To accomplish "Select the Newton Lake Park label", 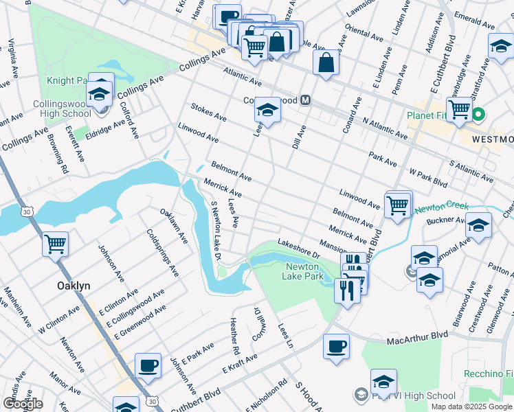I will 303,271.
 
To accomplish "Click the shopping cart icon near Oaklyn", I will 55,244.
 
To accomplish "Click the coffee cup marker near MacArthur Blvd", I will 336,346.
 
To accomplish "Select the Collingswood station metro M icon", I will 306,100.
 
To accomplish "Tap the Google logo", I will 23,404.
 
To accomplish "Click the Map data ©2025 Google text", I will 471,407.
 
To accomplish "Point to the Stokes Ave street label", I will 209,113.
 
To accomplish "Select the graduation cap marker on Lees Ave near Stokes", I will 268,108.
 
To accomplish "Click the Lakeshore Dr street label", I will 300,244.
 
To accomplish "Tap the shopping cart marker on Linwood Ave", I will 398,205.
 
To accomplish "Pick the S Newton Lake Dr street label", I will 216,231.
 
